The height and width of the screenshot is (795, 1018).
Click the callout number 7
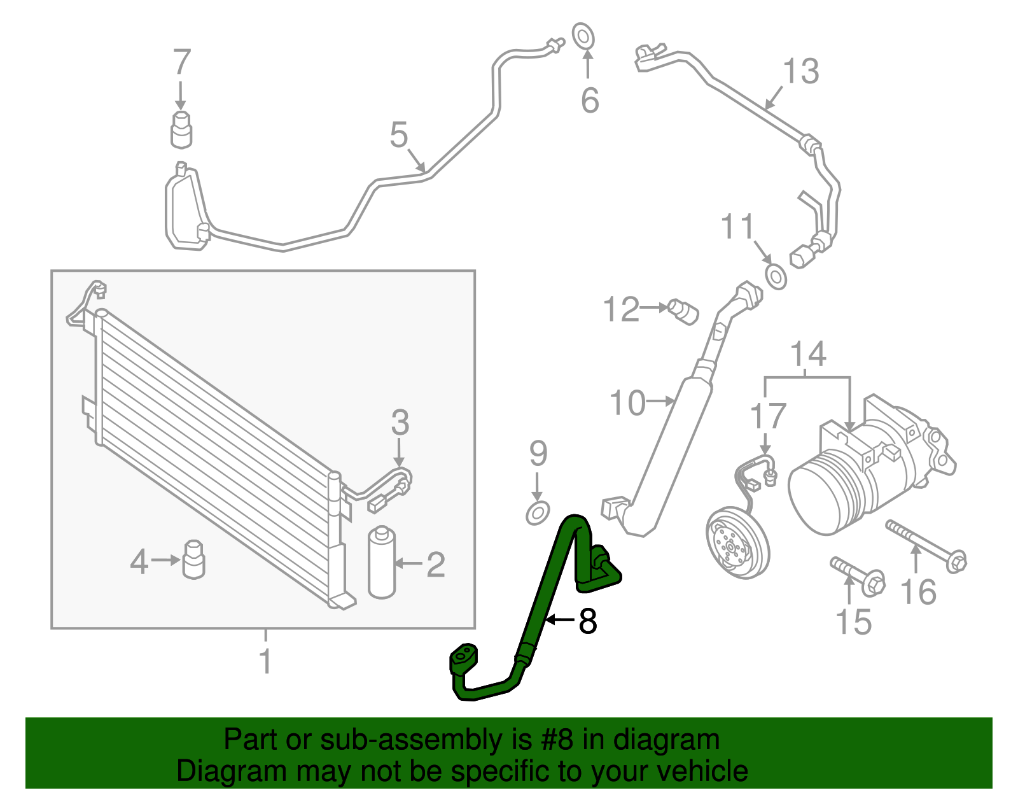point(182,62)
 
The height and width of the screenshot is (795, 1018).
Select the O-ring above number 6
point(583,36)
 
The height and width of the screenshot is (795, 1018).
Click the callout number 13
point(800,71)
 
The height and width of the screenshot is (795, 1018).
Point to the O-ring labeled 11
point(776,278)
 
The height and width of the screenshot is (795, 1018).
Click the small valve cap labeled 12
point(684,312)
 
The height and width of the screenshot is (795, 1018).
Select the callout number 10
point(627,403)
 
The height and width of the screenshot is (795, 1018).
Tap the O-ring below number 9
point(538,512)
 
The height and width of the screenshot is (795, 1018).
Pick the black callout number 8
point(587,621)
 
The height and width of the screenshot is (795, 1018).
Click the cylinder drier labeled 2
point(382,563)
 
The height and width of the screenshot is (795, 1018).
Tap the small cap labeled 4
point(193,559)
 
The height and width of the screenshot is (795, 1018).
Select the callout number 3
point(400,422)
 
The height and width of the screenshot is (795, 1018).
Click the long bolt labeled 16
point(926,544)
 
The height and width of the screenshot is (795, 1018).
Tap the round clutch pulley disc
point(737,542)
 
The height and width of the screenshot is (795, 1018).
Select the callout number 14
point(808,354)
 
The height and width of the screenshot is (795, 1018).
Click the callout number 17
point(768,417)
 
